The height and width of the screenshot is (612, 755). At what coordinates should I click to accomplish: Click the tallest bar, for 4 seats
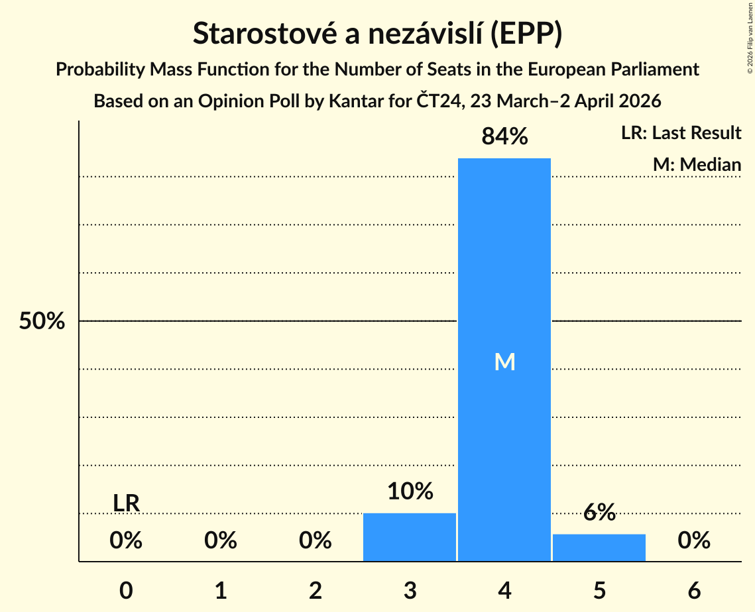click(504, 265)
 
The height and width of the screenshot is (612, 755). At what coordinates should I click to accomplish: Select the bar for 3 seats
click(410, 537)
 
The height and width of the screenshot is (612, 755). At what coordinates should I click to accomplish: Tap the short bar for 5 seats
click(599, 548)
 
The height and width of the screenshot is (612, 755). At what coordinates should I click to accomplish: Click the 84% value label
click(504, 137)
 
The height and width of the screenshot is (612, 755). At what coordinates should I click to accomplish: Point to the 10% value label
click(410, 491)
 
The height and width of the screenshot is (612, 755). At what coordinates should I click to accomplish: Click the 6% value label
click(599, 512)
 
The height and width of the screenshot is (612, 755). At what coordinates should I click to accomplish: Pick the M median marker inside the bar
click(504, 362)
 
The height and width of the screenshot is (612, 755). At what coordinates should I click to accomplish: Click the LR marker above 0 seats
click(126, 503)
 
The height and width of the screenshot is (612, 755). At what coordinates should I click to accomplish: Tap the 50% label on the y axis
click(42, 322)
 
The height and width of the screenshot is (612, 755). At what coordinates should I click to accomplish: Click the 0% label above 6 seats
click(694, 541)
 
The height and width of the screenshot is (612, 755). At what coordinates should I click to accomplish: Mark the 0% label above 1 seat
click(221, 541)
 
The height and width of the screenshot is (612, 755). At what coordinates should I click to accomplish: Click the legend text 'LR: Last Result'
click(681, 133)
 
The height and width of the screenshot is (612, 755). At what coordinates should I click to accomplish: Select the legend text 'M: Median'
click(697, 164)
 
